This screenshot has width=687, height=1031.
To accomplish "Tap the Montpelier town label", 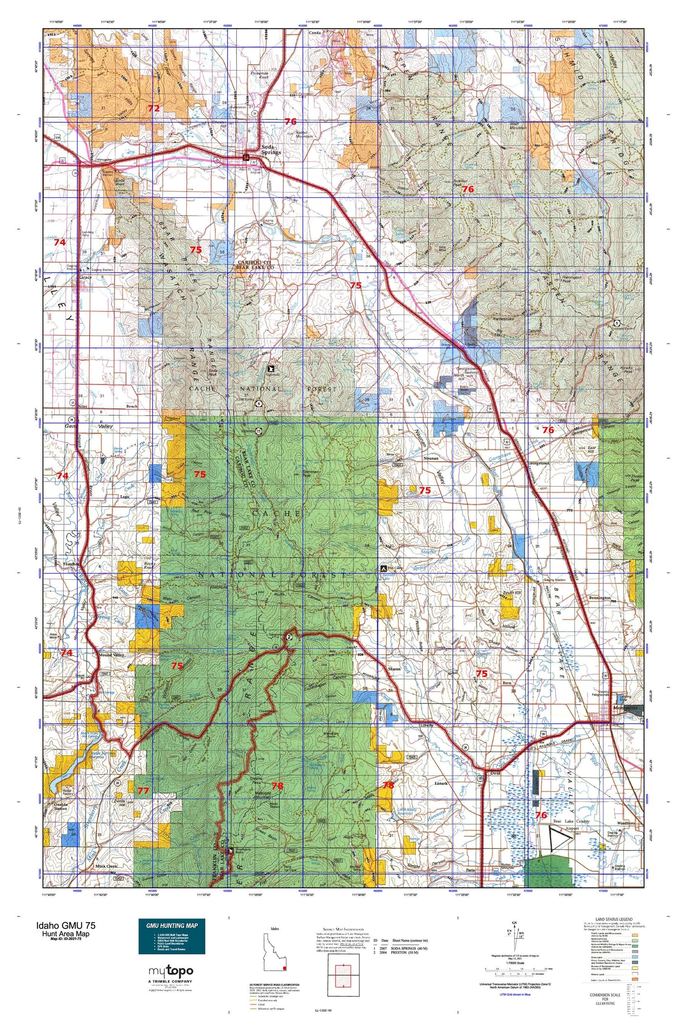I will tap(624, 708).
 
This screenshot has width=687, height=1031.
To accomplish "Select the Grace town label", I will tap(85, 277).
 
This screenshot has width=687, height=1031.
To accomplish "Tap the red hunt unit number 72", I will tap(153, 108).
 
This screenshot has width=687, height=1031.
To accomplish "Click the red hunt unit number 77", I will tap(143, 790).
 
